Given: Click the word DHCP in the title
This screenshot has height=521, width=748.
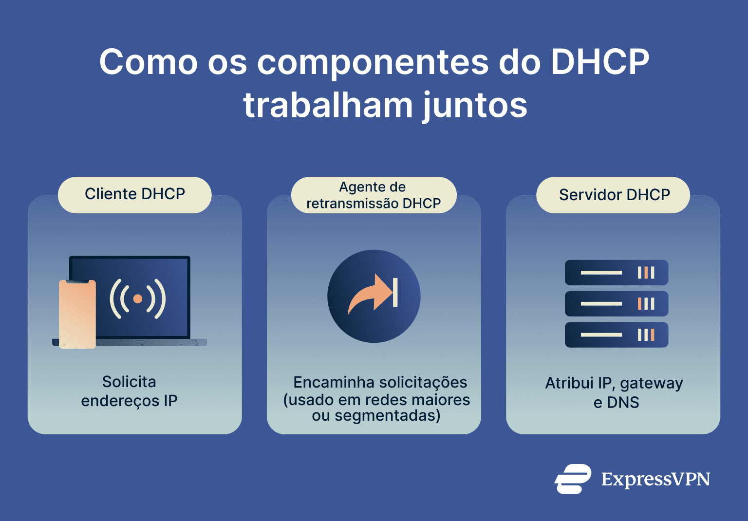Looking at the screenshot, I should click(600, 62).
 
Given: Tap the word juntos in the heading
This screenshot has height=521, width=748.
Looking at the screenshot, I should click(475, 106).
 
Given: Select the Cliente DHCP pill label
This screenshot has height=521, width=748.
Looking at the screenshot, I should click(135, 194).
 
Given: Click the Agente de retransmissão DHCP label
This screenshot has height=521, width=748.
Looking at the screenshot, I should click(374, 195).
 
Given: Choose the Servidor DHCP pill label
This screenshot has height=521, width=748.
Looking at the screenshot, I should click(614, 195).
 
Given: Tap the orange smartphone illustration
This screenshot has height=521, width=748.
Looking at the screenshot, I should click(77, 314).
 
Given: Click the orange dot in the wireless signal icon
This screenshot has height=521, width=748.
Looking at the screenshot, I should click(138, 298).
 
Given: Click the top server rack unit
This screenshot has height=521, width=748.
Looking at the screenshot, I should click(616, 273).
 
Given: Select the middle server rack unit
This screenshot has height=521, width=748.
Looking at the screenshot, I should click(616, 304).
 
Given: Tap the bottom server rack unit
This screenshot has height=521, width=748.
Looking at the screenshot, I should click(616, 335).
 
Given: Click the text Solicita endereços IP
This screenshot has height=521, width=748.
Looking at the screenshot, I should click(129, 391).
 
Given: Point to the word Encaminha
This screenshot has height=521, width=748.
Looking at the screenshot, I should click(332, 382).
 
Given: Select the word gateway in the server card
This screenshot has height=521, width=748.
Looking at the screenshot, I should click(651, 384).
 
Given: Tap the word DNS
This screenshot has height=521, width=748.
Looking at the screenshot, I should click(623, 403).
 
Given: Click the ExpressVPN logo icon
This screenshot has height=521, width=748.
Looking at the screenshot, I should click(573, 479).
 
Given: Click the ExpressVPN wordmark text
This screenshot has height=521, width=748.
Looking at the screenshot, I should click(655, 480).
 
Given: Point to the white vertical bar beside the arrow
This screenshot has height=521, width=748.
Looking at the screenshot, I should click(395, 293).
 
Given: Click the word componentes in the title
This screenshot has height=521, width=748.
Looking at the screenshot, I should click(373, 62).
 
